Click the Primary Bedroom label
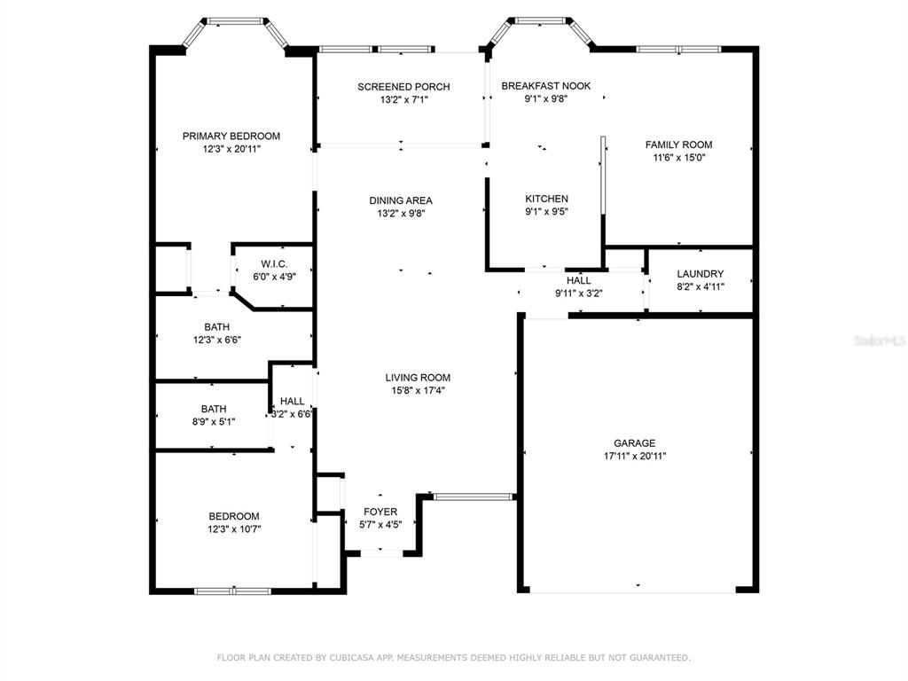click(231, 136)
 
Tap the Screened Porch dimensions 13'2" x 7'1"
click(403, 99)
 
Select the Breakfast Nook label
click(546, 86)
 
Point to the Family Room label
click(678, 145)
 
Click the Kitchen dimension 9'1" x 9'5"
click(546, 211)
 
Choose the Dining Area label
click(401, 200)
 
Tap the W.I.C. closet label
click(274, 264)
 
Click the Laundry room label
click(701, 273)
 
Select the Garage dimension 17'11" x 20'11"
click(635, 456)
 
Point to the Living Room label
click(418, 378)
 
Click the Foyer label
click(380, 512)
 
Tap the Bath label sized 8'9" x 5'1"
click(214, 409)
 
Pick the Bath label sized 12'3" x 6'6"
click(216, 327)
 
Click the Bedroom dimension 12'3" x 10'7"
click(234, 528)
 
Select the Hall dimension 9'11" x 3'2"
click(578, 293)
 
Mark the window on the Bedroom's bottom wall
click(233, 591)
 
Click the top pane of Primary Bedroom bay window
click(235, 21)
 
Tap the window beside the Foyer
click(474, 497)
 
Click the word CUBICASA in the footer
click(352, 658)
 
